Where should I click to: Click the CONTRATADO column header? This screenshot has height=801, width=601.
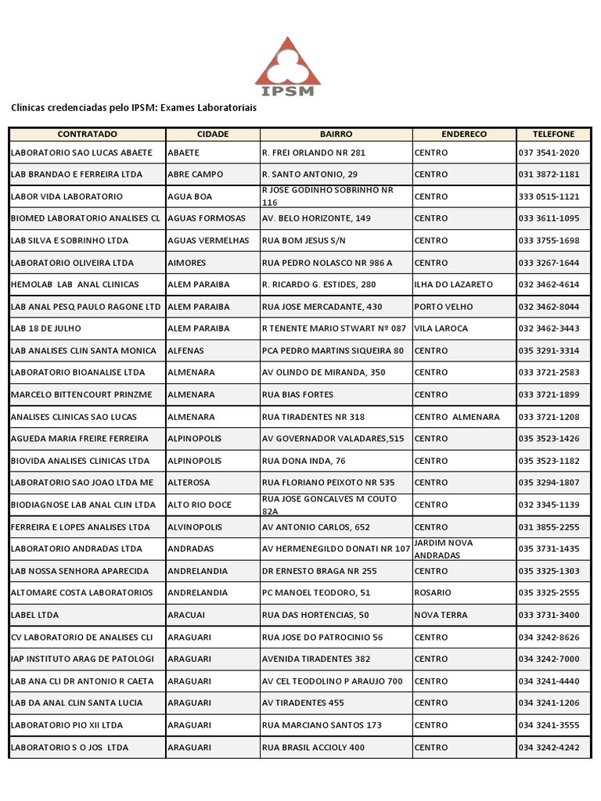click(x=87, y=135)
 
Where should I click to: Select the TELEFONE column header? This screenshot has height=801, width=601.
click(x=553, y=135)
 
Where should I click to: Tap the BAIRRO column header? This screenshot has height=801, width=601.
click(x=336, y=135)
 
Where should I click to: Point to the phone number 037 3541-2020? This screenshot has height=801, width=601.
click(x=549, y=153)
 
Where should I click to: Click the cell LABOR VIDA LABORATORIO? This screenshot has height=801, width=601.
click(x=67, y=196)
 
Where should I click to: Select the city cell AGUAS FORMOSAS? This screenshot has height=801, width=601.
click(x=207, y=218)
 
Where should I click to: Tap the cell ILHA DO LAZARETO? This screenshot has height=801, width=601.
click(x=453, y=285)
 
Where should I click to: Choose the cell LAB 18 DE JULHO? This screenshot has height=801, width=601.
click(x=46, y=329)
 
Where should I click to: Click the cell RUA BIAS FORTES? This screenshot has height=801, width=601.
click(x=297, y=395)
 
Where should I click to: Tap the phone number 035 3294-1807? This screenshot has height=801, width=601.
click(x=549, y=483)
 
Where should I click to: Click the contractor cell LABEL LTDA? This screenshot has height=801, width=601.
click(x=34, y=615)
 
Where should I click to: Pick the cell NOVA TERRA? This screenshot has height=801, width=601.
click(x=441, y=615)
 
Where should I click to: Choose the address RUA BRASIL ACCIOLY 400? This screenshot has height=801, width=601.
click(x=313, y=747)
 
